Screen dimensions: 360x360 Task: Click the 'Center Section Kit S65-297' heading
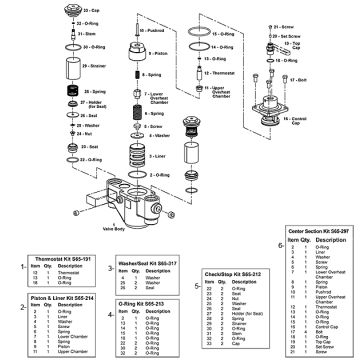(315, 230)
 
